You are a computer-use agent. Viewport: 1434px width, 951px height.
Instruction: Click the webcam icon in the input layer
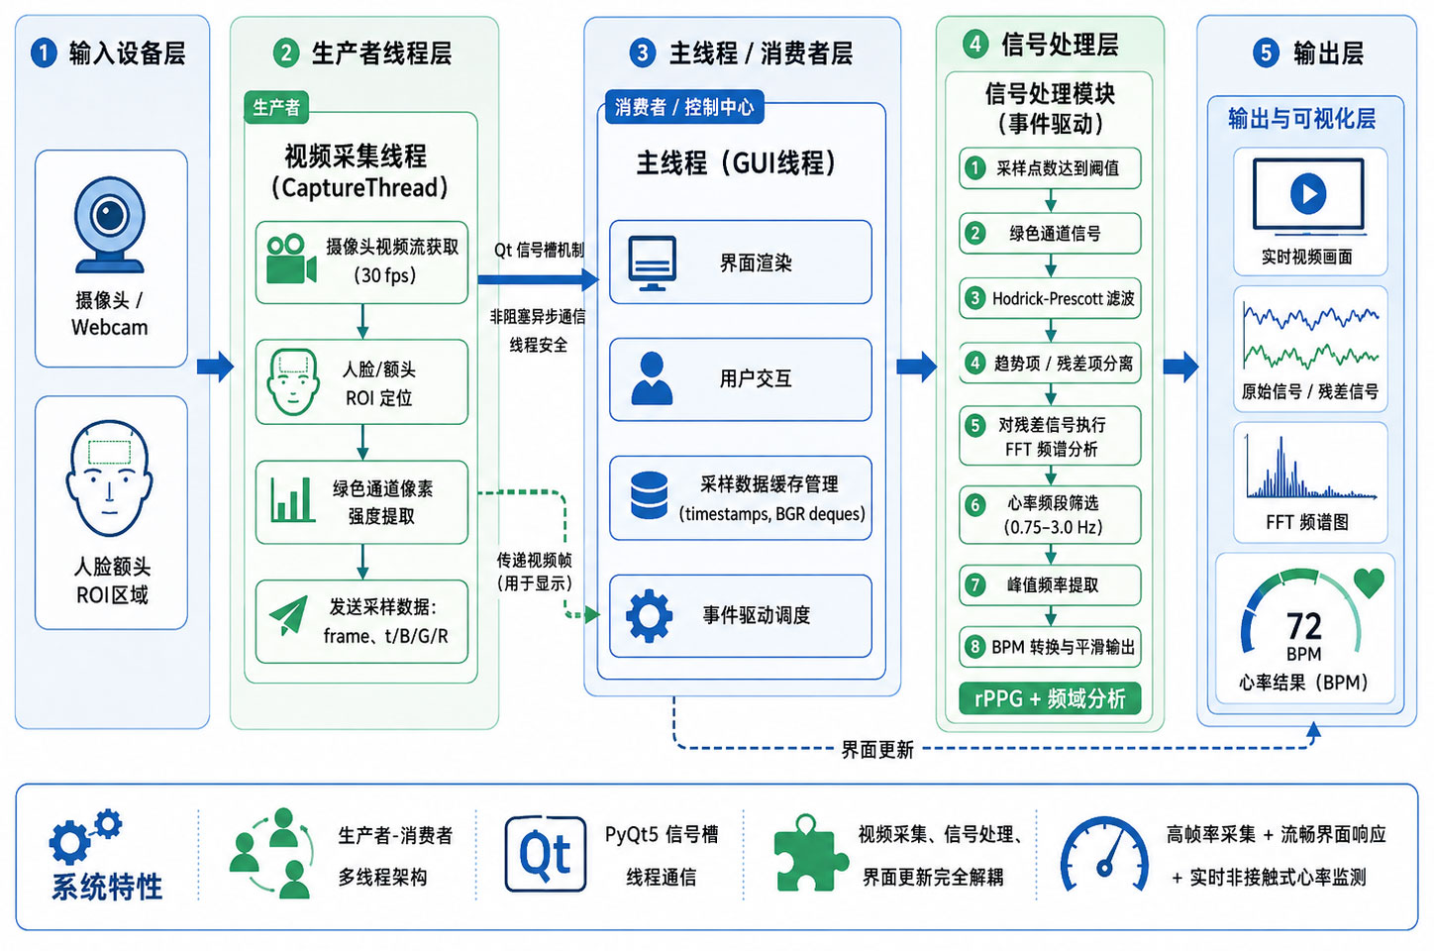point(110,224)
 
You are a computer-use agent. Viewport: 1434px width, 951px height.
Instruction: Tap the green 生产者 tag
point(276,107)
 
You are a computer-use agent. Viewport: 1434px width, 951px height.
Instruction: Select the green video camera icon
point(291,260)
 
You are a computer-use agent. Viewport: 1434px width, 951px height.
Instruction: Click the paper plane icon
point(289,615)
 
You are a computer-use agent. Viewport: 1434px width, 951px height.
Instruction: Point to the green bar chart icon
point(292,499)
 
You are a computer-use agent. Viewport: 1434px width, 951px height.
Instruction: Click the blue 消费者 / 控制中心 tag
point(684,107)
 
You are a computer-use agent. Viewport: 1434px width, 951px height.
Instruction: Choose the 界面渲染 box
point(741,262)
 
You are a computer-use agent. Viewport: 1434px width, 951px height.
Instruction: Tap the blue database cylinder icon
point(649,495)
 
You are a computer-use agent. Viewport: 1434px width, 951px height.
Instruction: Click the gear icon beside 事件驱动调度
point(649,615)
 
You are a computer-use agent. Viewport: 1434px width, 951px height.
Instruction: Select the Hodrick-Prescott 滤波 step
point(1050,298)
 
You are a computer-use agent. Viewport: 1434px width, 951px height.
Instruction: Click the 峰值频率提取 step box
point(1050,584)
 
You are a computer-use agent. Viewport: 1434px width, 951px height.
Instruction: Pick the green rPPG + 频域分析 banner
point(1050,698)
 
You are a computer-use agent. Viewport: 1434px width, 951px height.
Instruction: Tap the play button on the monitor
point(1308,193)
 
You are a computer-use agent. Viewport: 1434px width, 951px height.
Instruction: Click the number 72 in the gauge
point(1304,626)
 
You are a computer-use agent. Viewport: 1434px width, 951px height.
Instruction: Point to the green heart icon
point(1370,582)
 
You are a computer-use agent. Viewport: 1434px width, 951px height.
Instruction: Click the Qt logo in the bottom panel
point(546,854)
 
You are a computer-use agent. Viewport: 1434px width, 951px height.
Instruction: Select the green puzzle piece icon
point(810,854)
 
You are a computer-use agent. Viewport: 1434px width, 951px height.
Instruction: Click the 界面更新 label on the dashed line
point(877,749)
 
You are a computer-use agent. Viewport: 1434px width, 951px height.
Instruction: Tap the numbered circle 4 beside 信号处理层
point(975,45)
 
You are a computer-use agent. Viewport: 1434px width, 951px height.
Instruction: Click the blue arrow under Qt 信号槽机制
point(539,279)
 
